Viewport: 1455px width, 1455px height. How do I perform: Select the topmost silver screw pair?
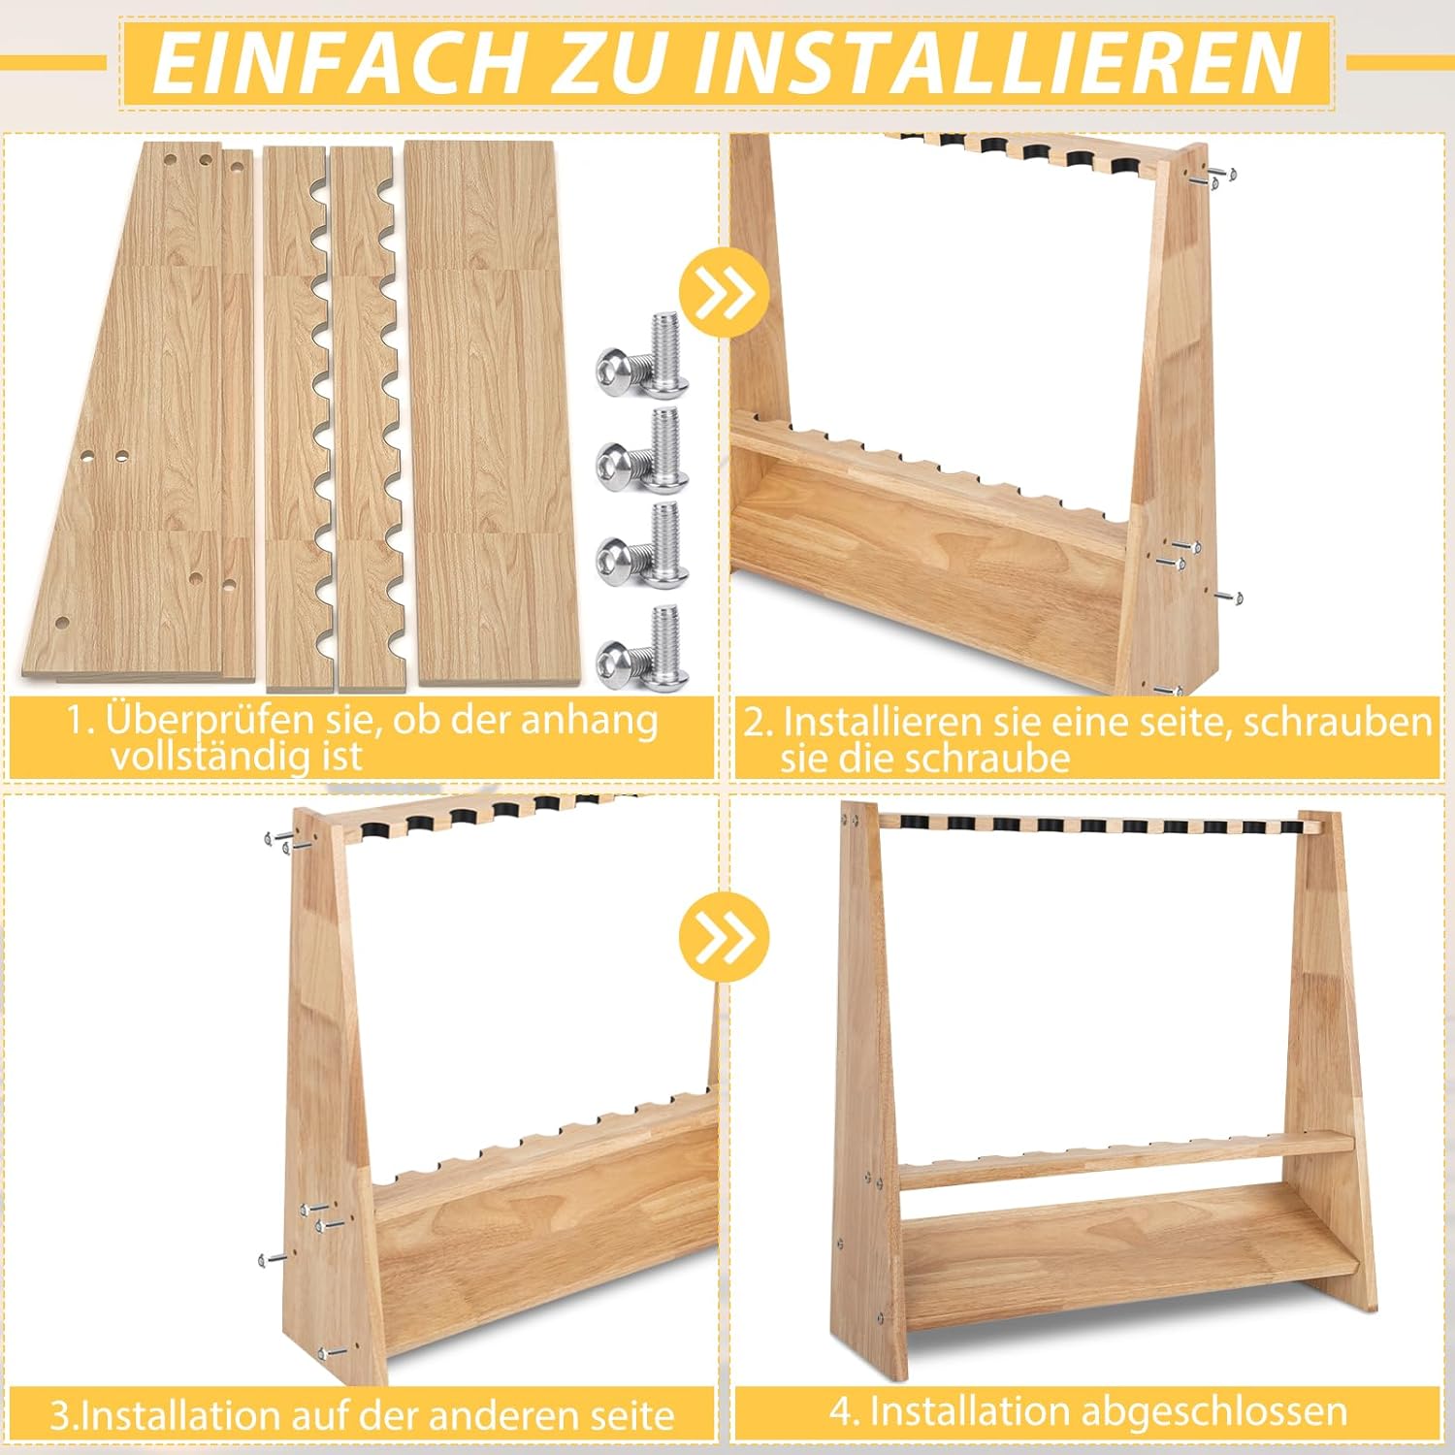point(642,354)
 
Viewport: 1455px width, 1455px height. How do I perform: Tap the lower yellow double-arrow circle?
point(724,936)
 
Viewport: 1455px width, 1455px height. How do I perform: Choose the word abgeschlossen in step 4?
point(1213,1411)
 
